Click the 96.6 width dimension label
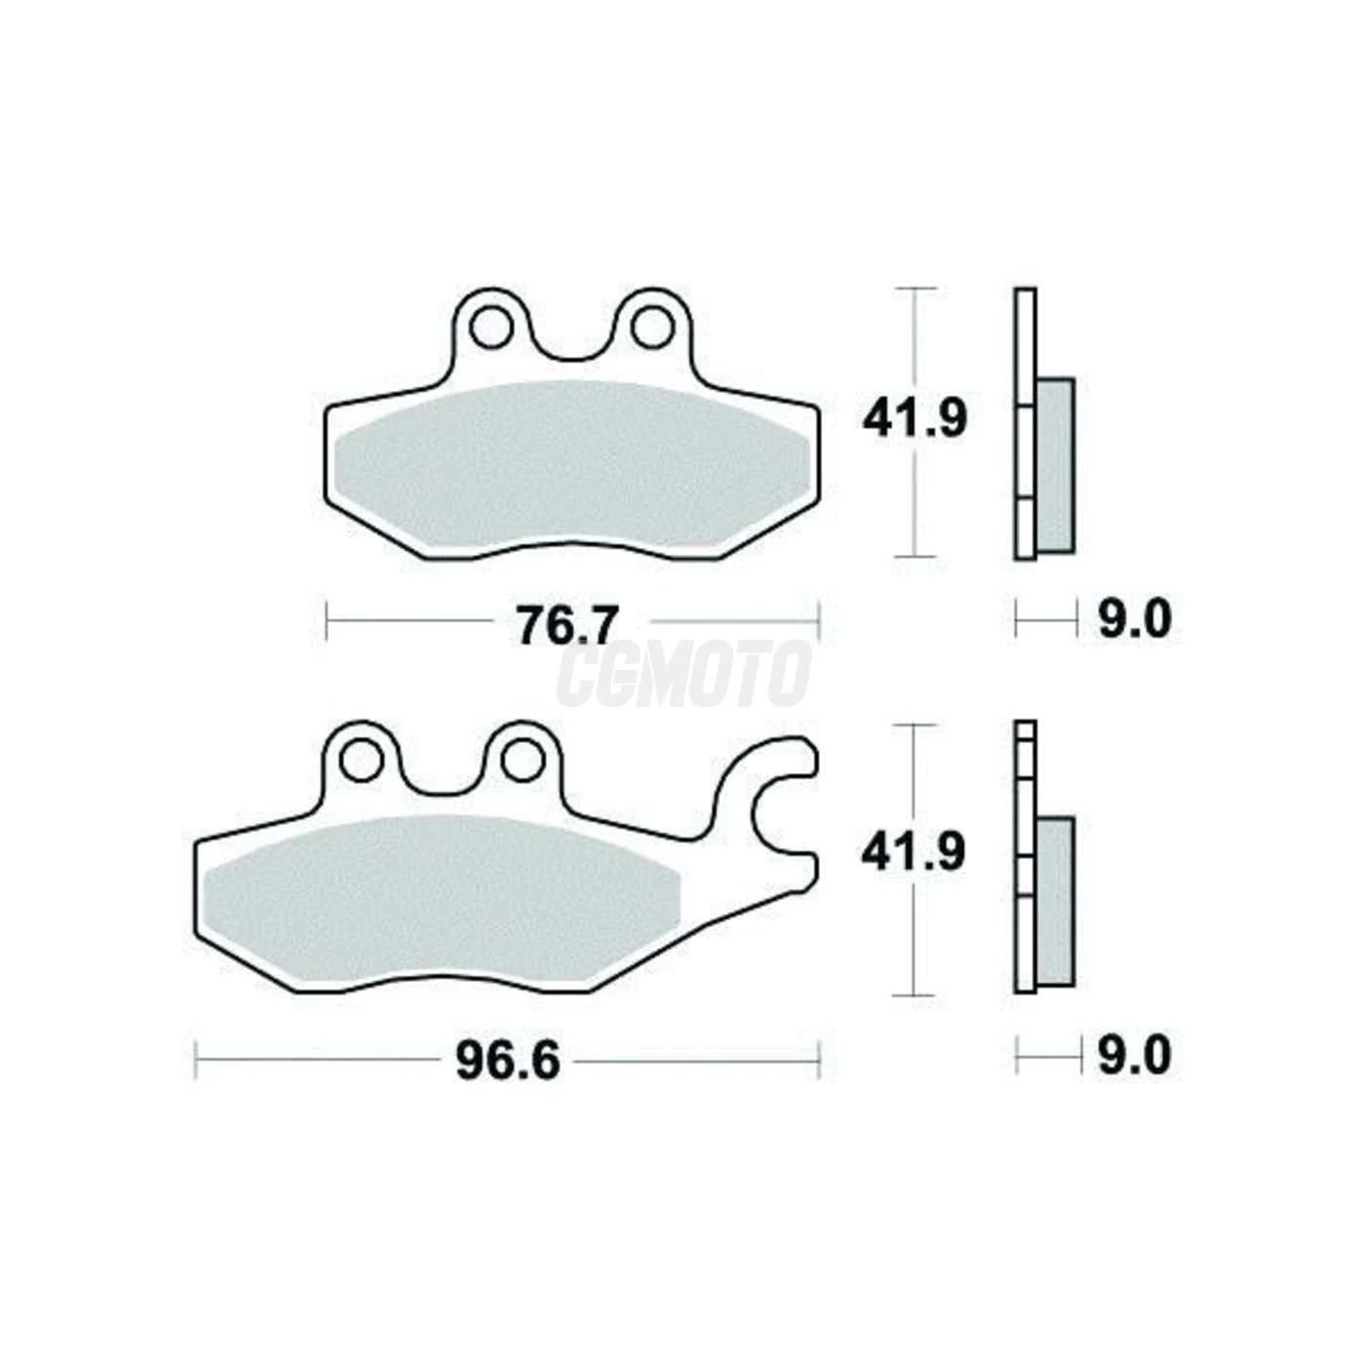[x=508, y=1061]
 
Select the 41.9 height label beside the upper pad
[x=915, y=420]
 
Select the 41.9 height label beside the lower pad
[x=913, y=853]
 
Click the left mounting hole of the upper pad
[x=491, y=328]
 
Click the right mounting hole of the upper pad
[x=652, y=328]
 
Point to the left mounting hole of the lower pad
[x=362, y=760]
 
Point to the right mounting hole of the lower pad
[x=522, y=761]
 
